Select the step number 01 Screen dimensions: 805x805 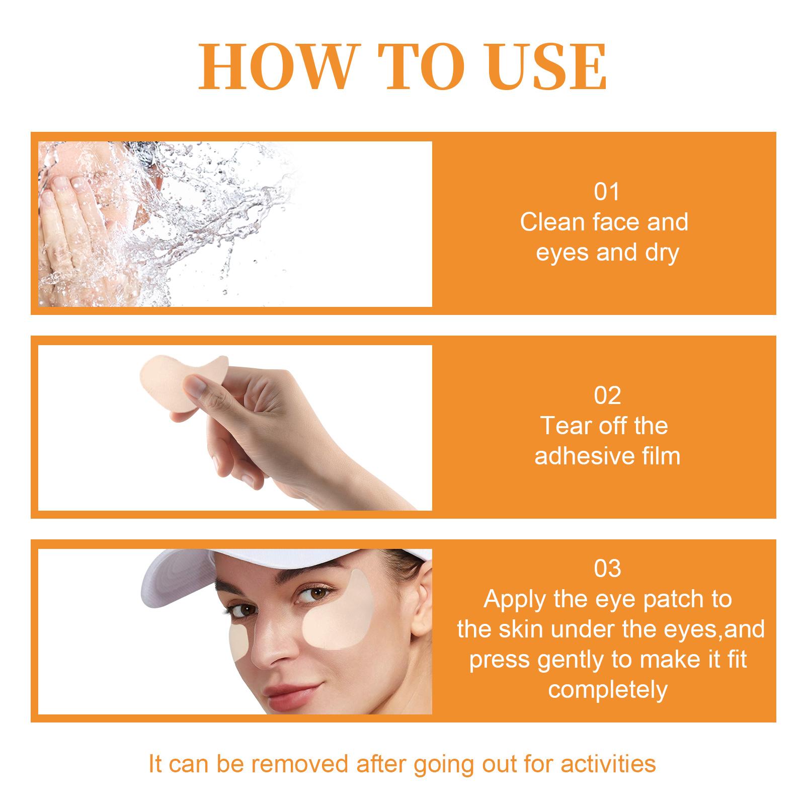click(607, 192)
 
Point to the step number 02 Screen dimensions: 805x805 click(607, 396)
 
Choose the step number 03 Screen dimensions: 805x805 click(607, 569)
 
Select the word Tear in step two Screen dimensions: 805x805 click(562, 426)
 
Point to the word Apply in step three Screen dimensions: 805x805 click(515, 600)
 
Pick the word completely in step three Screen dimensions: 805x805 click(608, 690)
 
